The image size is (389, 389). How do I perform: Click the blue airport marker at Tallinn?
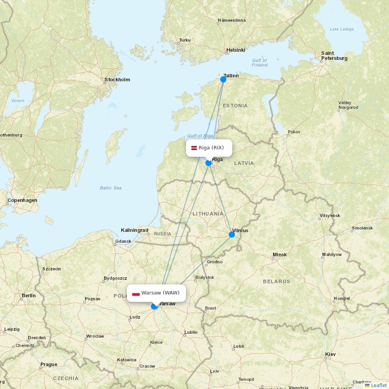(223, 79)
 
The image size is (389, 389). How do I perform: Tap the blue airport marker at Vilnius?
(232, 234)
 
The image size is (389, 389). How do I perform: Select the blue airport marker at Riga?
(209, 163)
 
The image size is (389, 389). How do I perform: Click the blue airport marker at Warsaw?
(154, 307)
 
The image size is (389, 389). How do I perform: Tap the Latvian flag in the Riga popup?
(194, 148)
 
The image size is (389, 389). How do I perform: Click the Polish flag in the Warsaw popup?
(136, 293)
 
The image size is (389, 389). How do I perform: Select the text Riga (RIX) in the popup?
(211, 148)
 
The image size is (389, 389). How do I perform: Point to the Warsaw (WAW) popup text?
(160, 293)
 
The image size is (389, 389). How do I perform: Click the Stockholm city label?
(117, 80)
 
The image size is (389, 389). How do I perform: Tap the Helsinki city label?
(236, 50)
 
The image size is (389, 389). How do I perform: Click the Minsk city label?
(280, 255)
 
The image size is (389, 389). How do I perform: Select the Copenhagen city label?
(22, 200)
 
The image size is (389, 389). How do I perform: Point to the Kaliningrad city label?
(135, 230)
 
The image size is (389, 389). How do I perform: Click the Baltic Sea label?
(110, 188)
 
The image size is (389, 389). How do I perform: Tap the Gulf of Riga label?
(200, 136)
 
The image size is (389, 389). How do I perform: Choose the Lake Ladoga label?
(342, 29)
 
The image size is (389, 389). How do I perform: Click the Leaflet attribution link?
(378, 385)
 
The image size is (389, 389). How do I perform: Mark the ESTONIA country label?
(235, 106)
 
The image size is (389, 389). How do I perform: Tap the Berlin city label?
(29, 296)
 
